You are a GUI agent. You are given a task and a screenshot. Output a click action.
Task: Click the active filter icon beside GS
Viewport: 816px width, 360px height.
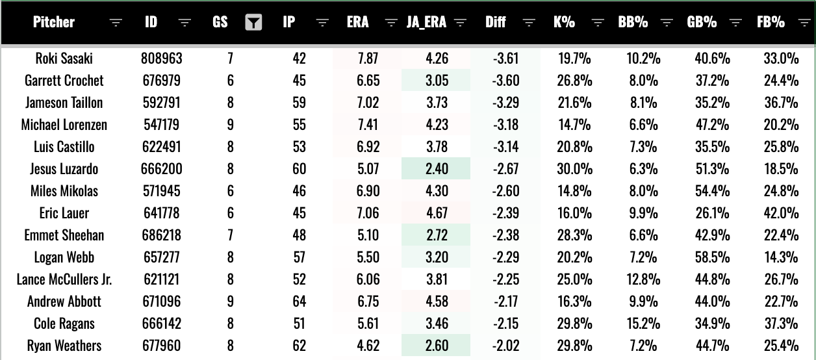coord(253,22)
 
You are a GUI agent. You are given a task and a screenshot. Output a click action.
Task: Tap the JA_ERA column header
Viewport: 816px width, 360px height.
coord(426,22)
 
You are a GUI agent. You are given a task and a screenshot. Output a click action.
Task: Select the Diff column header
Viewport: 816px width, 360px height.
coord(496,22)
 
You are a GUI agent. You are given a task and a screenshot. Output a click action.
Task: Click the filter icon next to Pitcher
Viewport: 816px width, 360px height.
coord(116,23)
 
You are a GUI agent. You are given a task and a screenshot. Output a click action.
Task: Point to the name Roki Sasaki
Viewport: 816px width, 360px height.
coord(64,58)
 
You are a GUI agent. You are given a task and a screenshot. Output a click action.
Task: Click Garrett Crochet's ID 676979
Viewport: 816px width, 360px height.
coord(161,81)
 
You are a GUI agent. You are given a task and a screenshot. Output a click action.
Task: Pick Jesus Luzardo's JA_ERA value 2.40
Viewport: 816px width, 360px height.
coord(437,169)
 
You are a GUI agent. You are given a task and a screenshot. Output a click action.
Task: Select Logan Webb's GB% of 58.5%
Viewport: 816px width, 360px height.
coord(712,257)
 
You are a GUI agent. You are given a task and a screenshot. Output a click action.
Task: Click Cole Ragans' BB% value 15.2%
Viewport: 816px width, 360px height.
coord(643,324)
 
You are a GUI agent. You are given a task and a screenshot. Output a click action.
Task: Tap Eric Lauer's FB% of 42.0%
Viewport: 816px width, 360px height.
coord(781,213)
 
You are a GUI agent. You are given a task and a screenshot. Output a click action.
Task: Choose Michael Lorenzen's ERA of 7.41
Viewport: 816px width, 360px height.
coord(368,125)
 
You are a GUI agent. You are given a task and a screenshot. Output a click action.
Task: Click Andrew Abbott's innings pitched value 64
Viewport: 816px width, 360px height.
coord(299,302)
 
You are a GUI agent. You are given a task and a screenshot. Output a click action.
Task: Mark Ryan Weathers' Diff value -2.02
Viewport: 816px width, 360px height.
coord(505,346)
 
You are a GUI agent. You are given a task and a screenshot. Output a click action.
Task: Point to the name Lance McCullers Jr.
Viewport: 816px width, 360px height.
coord(64,279)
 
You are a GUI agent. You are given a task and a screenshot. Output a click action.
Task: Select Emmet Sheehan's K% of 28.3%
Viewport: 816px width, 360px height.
coord(574,235)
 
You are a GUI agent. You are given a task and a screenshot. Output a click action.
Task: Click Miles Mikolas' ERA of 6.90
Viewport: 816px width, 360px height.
coord(368,191)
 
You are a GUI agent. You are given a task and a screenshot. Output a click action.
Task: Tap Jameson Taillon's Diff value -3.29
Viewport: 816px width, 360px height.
coord(505,103)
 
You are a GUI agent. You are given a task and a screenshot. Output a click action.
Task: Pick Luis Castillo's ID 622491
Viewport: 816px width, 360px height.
coord(161,147)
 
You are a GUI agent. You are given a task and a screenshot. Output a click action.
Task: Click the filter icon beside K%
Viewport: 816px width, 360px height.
coord(598,23)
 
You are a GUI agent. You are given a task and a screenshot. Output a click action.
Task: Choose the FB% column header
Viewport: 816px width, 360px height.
coord(771,22)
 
